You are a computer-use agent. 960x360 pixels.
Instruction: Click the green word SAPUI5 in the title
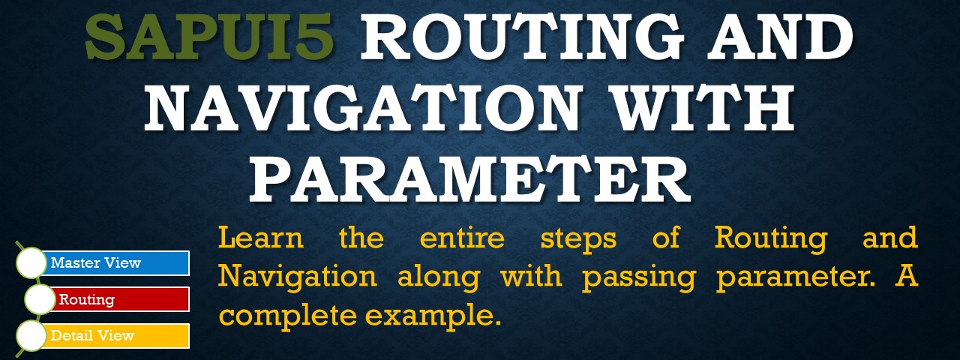click(x=209, y=37)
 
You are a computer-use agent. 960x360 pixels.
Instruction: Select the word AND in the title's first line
click(x=780, y=37)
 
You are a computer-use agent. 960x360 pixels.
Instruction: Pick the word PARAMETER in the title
click(x=469, y=178)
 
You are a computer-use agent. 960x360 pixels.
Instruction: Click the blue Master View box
click(x=116, y=262)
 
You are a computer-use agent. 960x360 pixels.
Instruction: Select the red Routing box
click(x=121, y=299)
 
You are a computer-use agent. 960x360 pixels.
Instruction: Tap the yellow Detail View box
click(x=116, y=335)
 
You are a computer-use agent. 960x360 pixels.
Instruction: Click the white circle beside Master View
click(x=31, y=262)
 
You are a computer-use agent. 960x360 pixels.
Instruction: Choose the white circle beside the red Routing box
click(x=40, y=299)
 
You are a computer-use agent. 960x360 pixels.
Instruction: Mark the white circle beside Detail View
click(x=31, y=335)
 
